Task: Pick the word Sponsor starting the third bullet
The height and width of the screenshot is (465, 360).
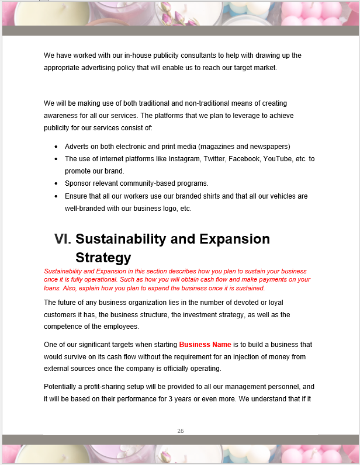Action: tap(79, 183)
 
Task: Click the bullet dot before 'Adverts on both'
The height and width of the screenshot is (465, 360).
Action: tap(56, 147)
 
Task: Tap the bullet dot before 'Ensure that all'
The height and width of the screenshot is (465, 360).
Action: tap(56, 196)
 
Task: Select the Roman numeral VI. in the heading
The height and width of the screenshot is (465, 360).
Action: tap(63, 239)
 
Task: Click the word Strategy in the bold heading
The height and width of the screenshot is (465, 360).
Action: tap(103, 258)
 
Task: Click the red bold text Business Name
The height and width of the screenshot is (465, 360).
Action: tap(205, 345)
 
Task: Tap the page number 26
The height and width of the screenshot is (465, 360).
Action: tap(181, 431)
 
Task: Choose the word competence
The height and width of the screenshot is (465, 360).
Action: tap(65, 327)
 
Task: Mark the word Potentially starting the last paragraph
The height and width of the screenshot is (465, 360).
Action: tap(63, 387)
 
